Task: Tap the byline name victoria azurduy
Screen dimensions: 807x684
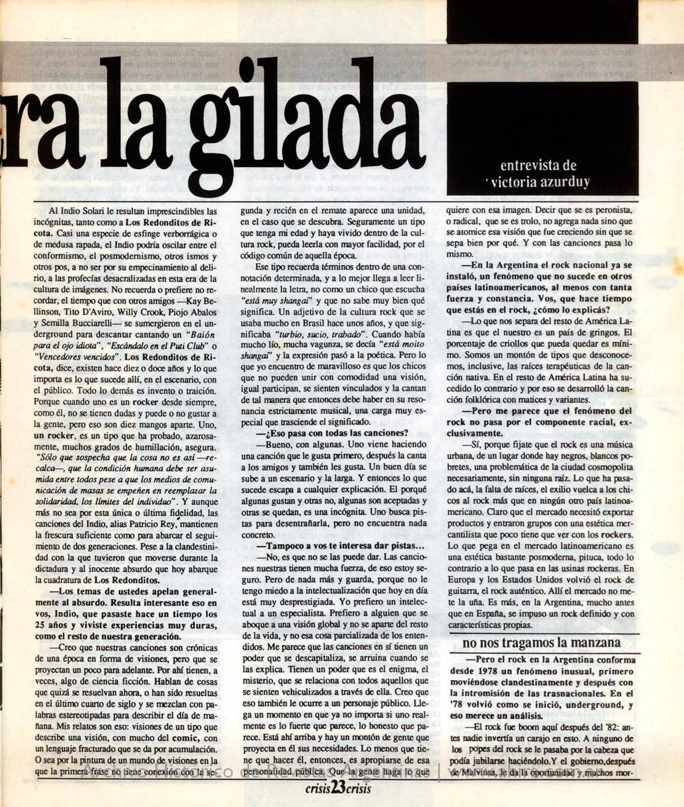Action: point(541,182)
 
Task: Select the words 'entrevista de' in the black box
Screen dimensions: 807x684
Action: point(538,165)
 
